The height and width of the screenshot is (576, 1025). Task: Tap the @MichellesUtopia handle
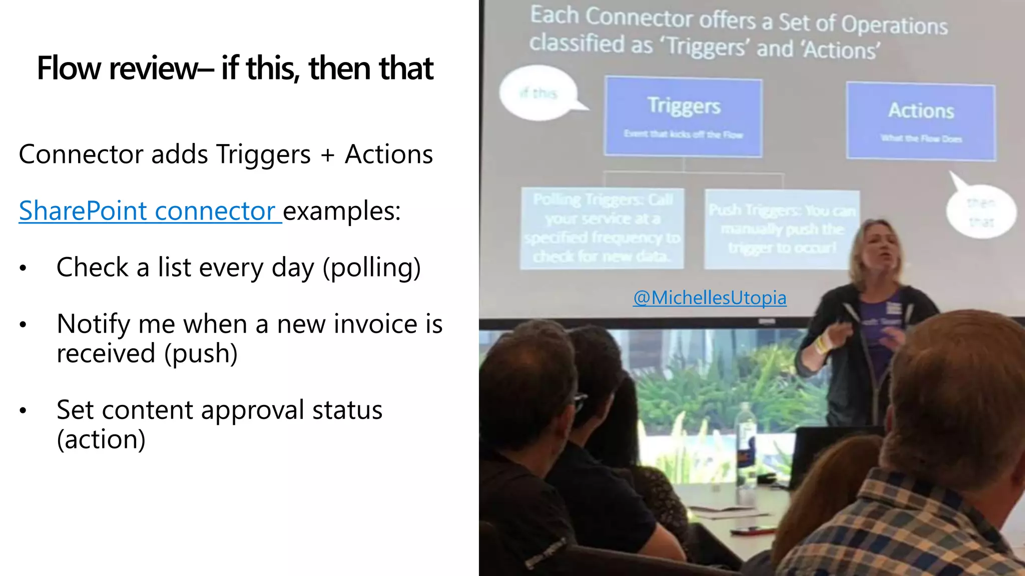(709, 298)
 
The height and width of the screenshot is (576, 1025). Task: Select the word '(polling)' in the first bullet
(371, 268)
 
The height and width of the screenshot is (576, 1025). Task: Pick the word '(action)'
(101, 440)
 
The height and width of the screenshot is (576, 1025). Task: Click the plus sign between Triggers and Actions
(328, 154)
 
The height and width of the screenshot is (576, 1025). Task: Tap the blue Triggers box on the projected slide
(684, 117)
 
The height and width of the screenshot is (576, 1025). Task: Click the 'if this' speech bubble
(539, 93)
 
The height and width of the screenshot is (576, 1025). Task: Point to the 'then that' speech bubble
(980, 212)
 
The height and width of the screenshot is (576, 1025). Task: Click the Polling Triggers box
(602, 228)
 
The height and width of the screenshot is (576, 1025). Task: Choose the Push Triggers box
(781, 229)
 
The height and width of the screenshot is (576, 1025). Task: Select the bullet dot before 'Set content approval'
(23, 411)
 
